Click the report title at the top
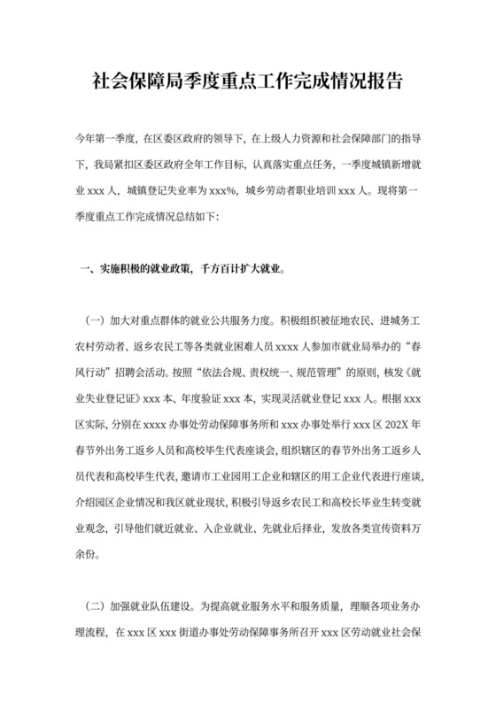tap(248, 82)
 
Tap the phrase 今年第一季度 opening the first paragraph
tap(103, 139)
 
